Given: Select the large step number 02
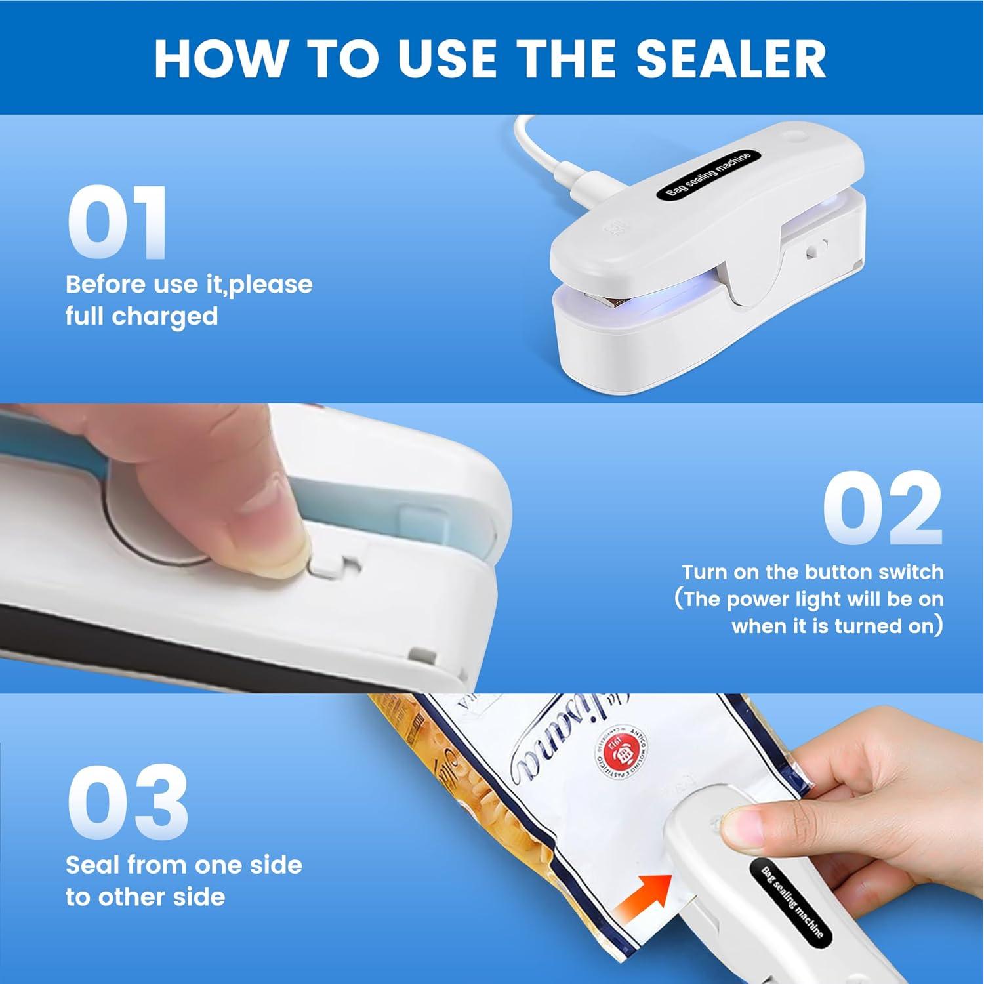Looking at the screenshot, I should [x=882, y=510].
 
